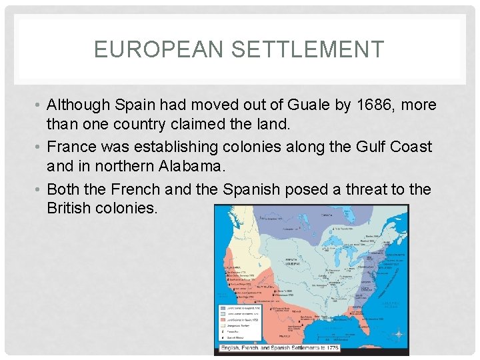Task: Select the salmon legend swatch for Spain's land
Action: coord(224,321)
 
